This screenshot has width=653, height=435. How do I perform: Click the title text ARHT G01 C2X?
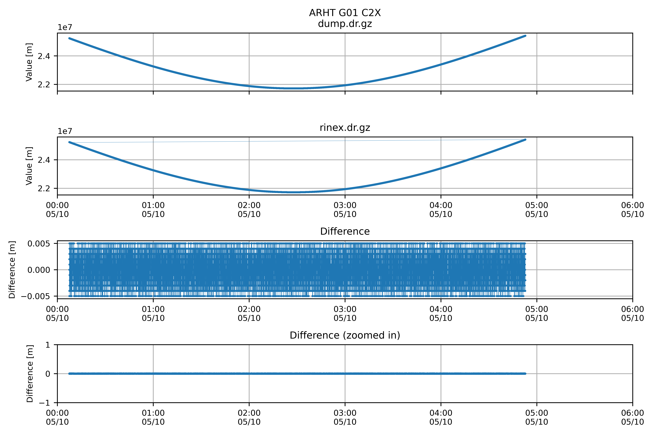[345, 13]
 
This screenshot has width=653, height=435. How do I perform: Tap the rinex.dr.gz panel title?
[345, 128]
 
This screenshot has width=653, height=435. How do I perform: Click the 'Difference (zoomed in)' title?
[345, 335]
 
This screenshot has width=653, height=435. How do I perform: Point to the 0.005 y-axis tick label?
[39, 244]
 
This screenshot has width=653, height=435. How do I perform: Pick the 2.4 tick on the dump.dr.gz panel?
[44, 56]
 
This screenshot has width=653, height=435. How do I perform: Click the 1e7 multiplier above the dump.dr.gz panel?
[65, 27]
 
